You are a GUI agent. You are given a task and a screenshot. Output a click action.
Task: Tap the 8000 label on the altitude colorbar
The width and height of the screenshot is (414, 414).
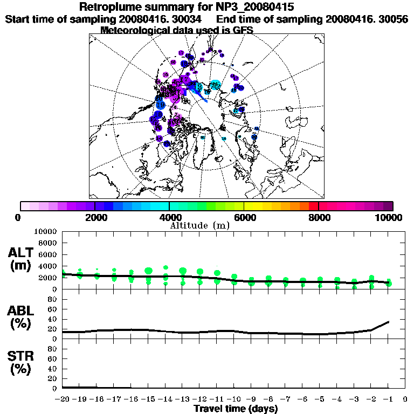click(x=318, y=217)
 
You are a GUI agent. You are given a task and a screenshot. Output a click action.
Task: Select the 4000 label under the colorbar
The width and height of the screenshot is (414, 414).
click(x=169, y=217)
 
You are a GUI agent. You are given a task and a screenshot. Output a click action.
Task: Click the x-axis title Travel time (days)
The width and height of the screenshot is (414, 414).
click(x=236, y=409)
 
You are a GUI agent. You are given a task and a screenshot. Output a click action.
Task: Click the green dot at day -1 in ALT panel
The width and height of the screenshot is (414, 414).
click(x=389, y=284)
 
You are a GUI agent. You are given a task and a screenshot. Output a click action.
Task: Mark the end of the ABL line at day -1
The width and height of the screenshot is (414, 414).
click(x=389, y=322)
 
